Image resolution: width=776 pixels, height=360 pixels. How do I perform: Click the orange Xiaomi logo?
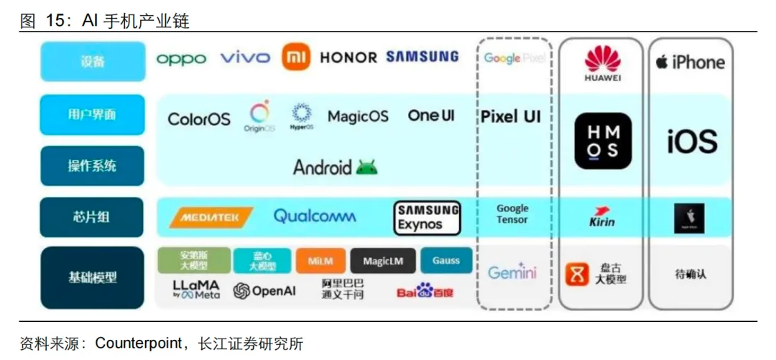[x=296, y=57]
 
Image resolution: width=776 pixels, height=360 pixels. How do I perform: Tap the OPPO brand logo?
[x=181, y=58]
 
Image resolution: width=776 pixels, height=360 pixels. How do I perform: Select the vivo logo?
[x=245, y=57]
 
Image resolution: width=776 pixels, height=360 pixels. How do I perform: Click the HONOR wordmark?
[x=348, y=57]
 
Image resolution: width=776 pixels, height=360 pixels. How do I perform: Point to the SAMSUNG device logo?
[x=422, y=57]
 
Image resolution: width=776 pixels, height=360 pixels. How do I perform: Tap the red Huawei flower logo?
[x=602, y=58]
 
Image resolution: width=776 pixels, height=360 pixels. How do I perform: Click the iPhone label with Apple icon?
[x=690, y=63]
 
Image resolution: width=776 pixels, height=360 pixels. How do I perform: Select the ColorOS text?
[x=199, y=119]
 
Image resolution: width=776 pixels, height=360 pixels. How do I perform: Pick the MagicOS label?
[x=358, y=116]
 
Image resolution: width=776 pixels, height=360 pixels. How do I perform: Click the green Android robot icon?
[x=366, y=167]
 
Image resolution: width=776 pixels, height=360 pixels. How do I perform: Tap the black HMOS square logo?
[x=602, y=141]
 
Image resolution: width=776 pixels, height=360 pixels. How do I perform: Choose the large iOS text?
[x=691, y=142]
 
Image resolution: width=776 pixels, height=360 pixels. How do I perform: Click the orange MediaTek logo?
[x=211, y=216]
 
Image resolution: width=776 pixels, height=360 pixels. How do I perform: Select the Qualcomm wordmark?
[x=314, y=216]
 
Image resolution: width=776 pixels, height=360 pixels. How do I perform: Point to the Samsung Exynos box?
[x=428, y=218]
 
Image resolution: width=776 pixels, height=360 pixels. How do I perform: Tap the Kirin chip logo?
[x=601, y=217]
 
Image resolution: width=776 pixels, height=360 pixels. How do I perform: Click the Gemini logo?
[x=512, y=272]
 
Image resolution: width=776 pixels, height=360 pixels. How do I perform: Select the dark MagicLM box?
[x=382, y=262]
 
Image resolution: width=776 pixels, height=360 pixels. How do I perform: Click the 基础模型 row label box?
[x=93, y=277]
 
